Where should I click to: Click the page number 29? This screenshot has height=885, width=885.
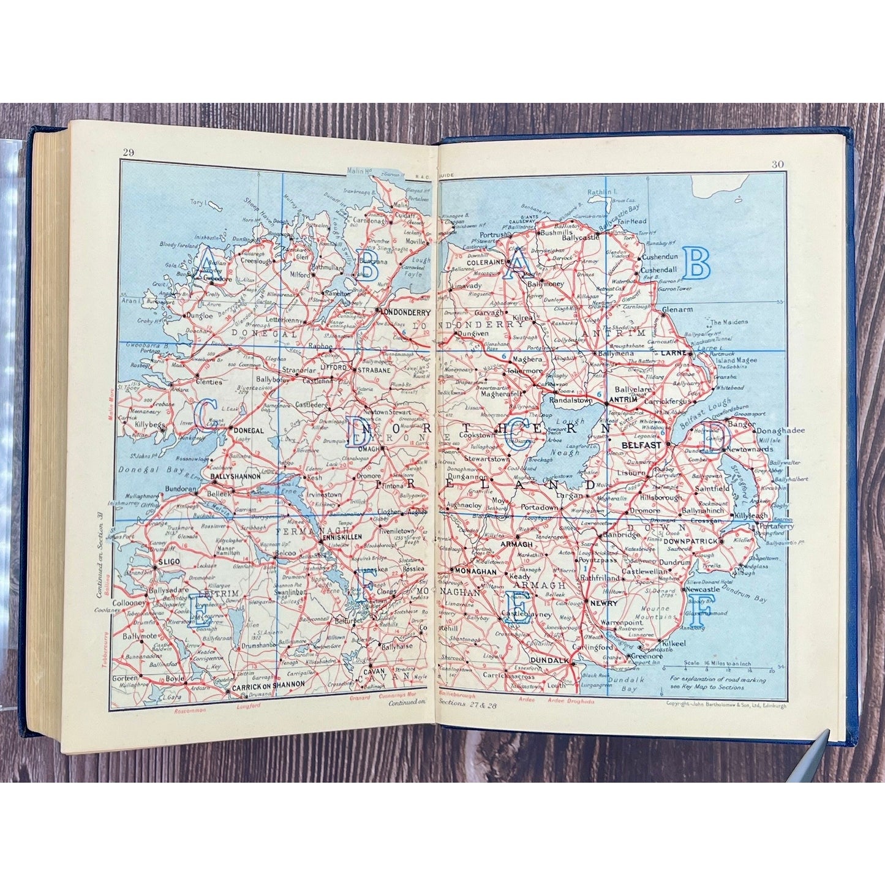coord(129,153)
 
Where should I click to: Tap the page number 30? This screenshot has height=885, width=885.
coord(778,164)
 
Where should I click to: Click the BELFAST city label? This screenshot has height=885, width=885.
coord(641,445)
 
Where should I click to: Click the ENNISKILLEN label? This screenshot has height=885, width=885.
coord(342,537)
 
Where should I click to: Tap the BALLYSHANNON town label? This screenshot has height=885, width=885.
coord(236,476)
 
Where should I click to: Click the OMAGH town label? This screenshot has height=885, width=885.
coord(370,449)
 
